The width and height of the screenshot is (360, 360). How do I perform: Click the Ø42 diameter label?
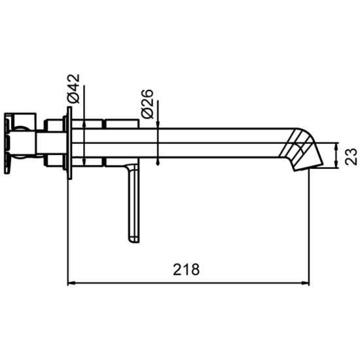coord(74,88)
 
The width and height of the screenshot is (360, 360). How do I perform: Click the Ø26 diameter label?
coord(147,104)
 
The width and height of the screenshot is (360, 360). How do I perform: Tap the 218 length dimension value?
coord(186,270)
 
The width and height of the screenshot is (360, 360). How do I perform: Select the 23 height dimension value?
coord(351,156)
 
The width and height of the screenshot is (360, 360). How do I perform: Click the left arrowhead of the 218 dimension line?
coord(71,283)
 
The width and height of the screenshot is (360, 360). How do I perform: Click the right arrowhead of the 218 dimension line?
coord(306,283)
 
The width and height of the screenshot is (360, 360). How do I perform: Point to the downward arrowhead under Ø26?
coord(158,125)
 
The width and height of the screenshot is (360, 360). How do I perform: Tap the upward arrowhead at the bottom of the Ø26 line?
coord(158,162)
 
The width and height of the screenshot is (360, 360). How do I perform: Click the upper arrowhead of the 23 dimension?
coord(336,146)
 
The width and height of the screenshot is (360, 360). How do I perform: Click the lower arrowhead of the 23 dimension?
coord(336,164)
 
